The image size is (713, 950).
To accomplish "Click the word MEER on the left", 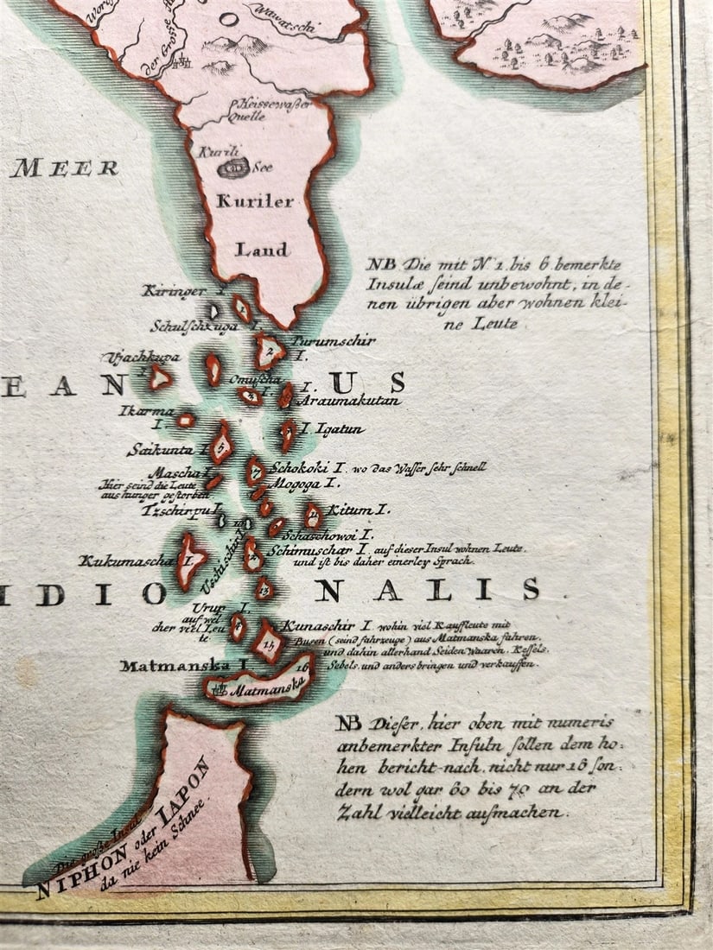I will coord(65,168).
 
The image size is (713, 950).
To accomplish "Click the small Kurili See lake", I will coord(233,168).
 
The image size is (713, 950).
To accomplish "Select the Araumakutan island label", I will coord(349,401).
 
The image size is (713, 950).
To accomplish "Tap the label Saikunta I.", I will coord(165,450).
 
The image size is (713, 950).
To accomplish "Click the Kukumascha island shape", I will coord(190,559).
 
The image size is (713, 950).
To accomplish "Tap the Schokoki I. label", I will coord(309,468).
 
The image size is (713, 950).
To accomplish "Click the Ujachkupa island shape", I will coord(160,377).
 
